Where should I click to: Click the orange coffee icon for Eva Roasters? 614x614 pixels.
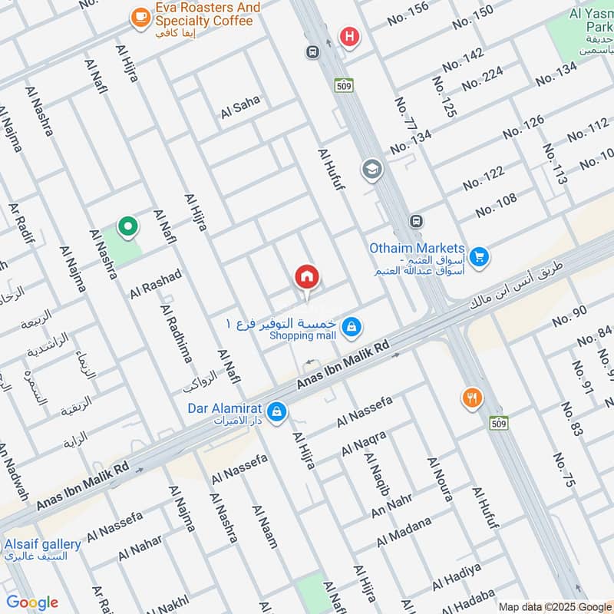point(140,18)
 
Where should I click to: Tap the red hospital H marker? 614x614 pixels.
point(350,35)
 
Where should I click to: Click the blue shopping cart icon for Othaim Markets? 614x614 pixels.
point(480,256)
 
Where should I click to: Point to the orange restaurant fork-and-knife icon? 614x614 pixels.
point(472,398)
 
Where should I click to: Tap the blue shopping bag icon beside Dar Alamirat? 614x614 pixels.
point(277,412)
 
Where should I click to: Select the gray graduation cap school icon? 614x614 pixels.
point(372,169)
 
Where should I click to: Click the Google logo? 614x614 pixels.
point(32,602)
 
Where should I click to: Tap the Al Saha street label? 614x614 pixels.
point(239,107)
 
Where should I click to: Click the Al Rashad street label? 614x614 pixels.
point(156,284)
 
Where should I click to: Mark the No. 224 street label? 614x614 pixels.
point(482,83)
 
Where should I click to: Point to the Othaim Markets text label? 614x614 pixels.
point(417,248)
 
